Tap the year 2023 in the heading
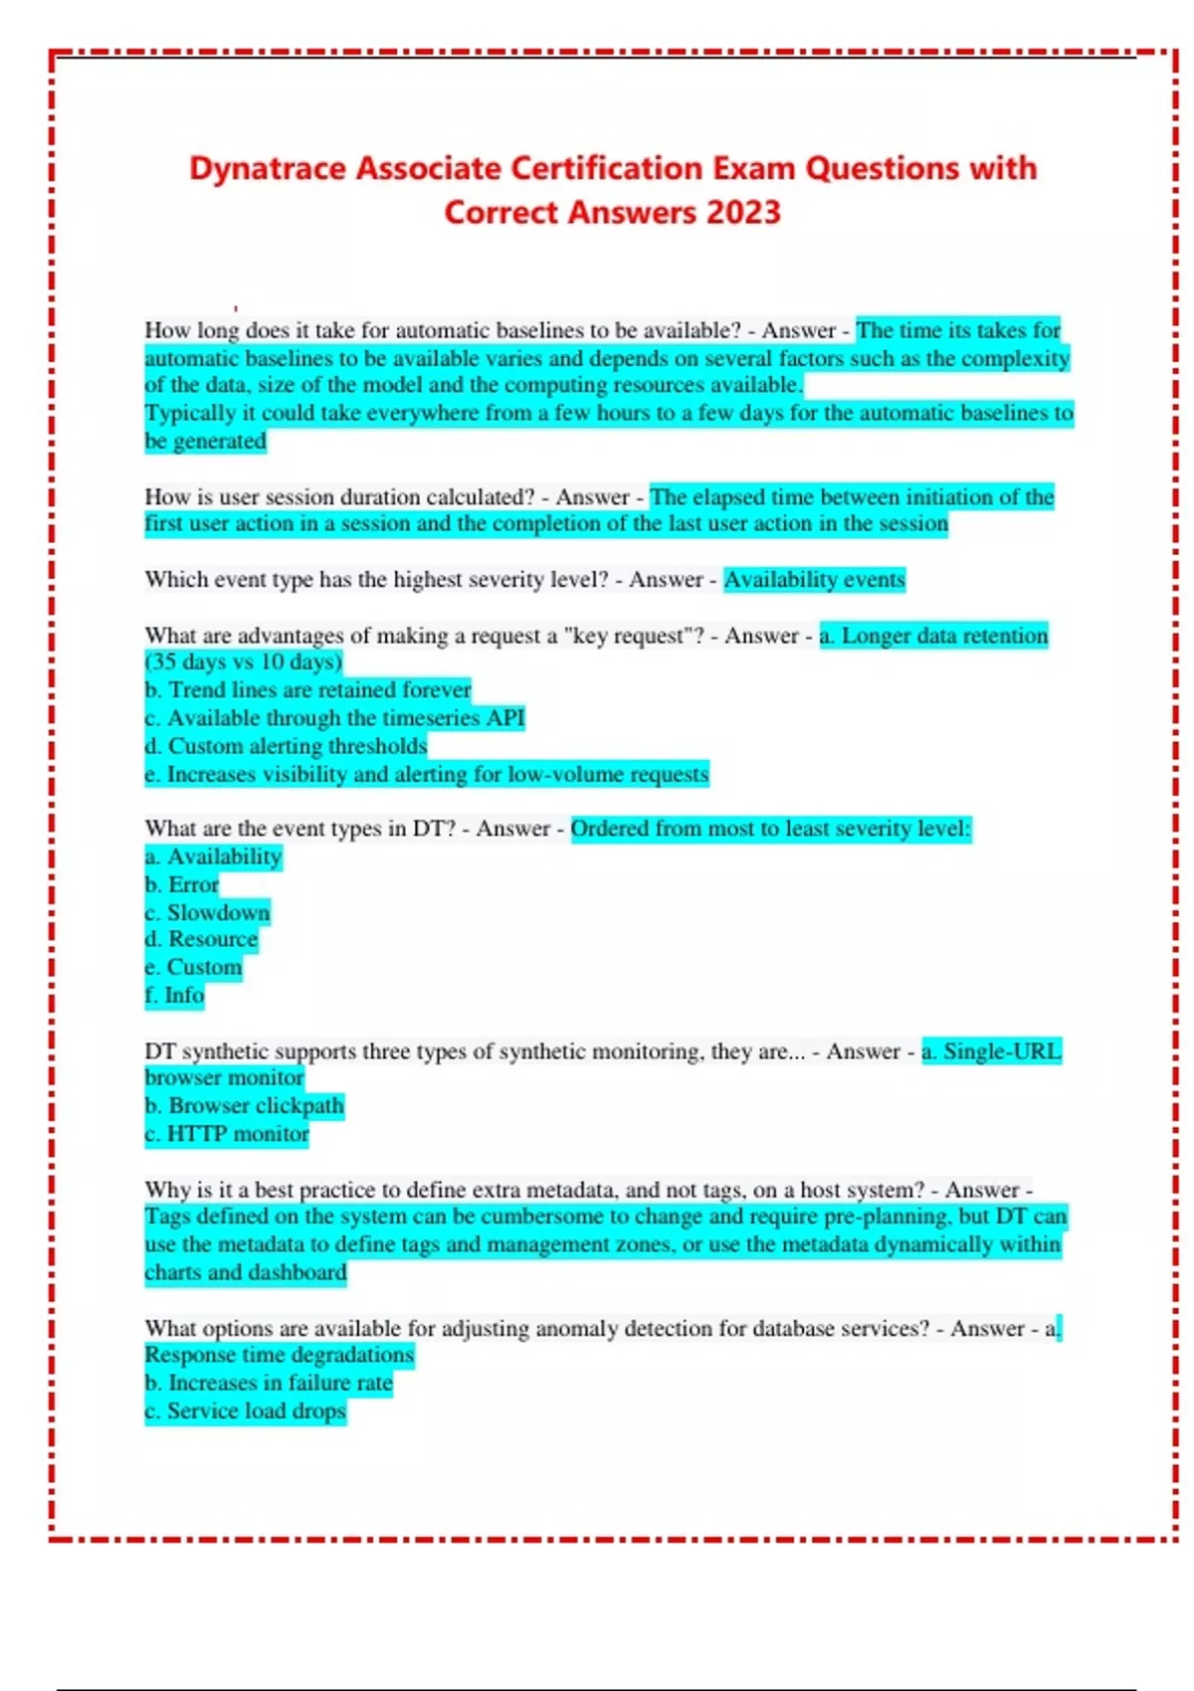coord(743,212)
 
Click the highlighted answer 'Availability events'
coord(814,579)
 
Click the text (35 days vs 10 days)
coord(244,661)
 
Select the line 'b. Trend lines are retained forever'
coord(307,689)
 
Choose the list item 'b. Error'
coord(182,884)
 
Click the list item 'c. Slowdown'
coord(207,912)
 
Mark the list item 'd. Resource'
coord(201,939)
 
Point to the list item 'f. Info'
coord(174,995)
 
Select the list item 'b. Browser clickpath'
coord(244,1105)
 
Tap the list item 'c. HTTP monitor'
coord(227,1133)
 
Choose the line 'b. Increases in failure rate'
coord(269,1383)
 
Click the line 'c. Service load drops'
coord(245,1410)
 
